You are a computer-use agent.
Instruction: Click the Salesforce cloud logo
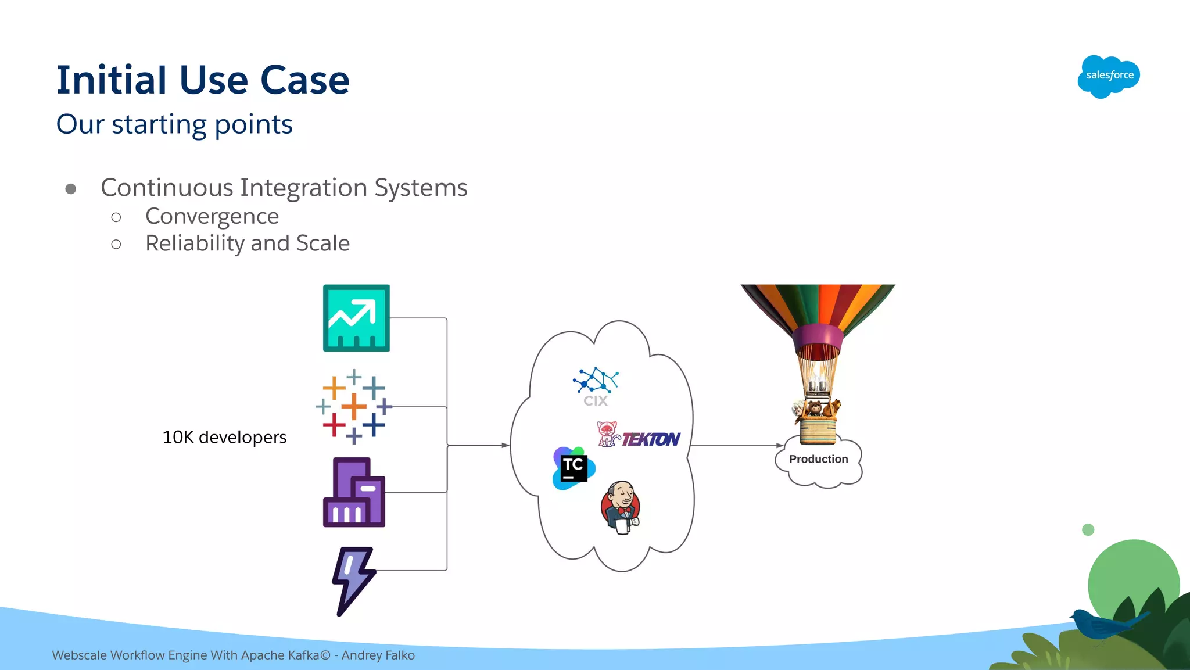[1109, 76]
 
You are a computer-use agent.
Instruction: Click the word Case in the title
[304, 80]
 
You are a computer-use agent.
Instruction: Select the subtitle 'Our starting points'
[174, 124]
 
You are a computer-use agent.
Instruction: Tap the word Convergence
[212, 216]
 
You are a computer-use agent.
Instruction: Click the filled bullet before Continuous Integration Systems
[71, 189]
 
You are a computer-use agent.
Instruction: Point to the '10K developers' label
[224, 437]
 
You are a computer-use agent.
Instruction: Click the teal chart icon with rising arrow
[356, 318]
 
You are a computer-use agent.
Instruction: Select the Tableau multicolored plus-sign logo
[354, 407]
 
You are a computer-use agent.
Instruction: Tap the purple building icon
[354, 493]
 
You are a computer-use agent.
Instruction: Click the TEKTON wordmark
[651, 439]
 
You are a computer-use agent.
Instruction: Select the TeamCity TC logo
[574, 468]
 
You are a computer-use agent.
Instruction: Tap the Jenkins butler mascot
[621, 507]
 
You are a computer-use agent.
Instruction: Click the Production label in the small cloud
[818, 459]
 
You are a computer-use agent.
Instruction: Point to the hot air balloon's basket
[818, 431]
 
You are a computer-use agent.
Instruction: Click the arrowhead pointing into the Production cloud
[780, 446]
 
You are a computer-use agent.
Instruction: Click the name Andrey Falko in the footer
[378, 655]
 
